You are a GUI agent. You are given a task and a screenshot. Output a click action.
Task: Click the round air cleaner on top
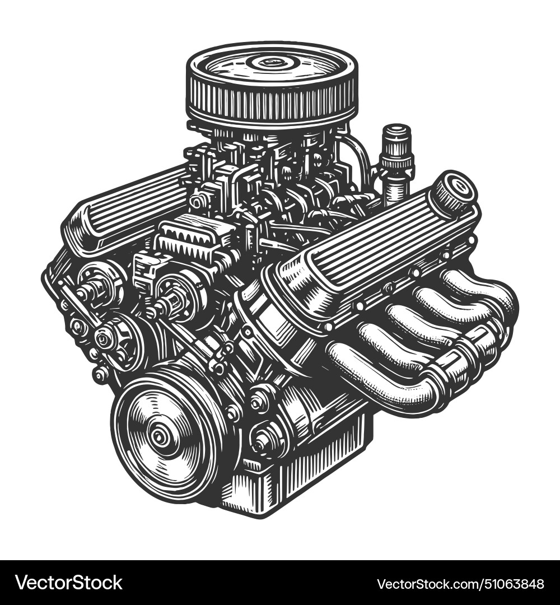click(272, 84)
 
